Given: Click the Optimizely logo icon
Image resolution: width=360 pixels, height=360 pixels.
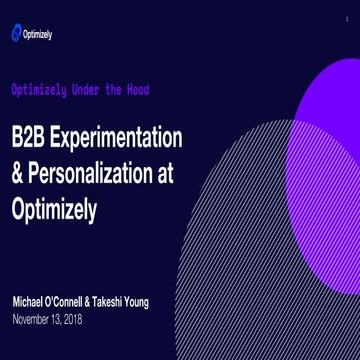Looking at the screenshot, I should [17, 34].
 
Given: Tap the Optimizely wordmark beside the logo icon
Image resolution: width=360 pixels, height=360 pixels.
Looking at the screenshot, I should [40, 34].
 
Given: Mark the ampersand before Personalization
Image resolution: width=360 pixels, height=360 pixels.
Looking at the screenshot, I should [17, 172].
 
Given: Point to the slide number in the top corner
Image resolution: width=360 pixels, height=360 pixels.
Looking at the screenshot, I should [347, 19].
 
